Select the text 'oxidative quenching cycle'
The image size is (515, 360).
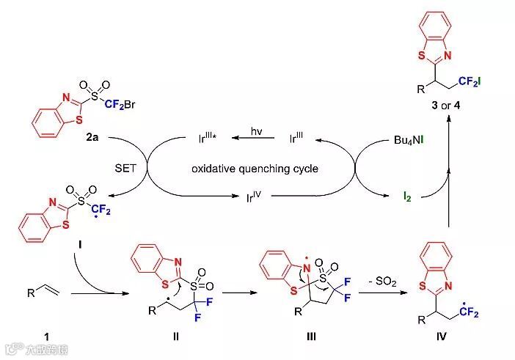(x=255, y=169)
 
